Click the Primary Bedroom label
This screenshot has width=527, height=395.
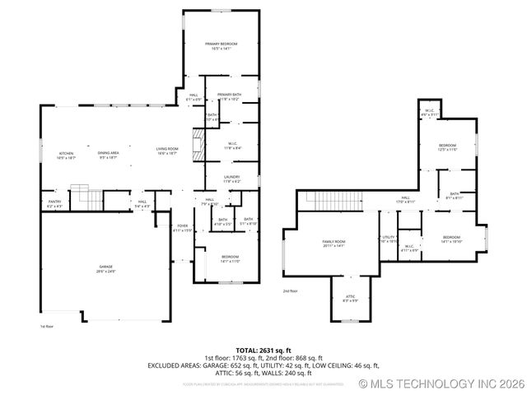pyautogui.click(x=221, y=44)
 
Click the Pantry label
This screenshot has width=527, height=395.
pyautogui.click(x=54, y=201)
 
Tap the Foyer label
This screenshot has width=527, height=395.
pyautogui.click(x=182, y=225)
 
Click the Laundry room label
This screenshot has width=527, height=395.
pyautogui.click(x=231, y=176)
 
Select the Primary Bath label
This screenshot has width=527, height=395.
pyautogui.click(x=229, y=95)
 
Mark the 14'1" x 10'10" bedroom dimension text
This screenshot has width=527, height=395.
pyautogui.click(x=451, y=241)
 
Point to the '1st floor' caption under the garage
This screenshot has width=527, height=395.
pyautogui.click(x=48, y=327)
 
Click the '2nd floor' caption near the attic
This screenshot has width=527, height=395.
pyautogui.click(x=291, y=290)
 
